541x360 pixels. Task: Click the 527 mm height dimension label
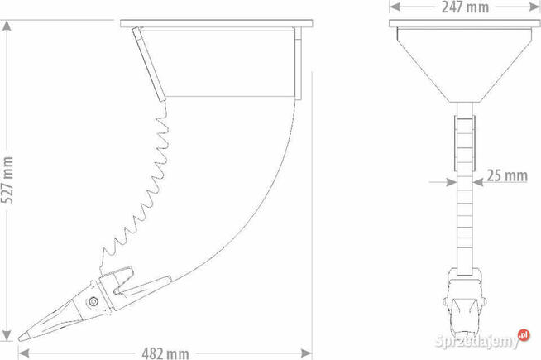(7, 180)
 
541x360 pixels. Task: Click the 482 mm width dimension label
(165, 353)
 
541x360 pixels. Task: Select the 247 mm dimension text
(465, 7)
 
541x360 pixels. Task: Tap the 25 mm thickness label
(507, 175)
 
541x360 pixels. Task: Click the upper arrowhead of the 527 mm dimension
(7, 26)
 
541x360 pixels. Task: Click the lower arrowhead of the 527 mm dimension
(7, 335)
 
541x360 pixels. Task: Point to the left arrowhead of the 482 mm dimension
(23, 353)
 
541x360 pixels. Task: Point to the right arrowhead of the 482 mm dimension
(306, 353)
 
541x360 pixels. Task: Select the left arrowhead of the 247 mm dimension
(395, 7)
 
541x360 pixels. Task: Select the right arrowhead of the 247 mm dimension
(534, 7)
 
